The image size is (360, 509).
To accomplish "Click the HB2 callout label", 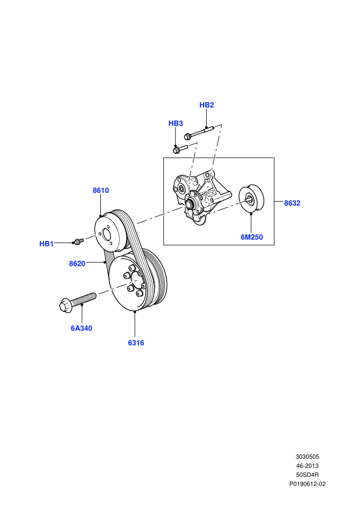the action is (206, 105).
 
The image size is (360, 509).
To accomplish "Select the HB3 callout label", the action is (175, 123).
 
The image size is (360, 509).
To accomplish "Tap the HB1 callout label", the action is (46, 244).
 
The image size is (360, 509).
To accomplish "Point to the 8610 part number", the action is (101, 191).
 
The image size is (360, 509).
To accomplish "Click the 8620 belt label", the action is (77, 264).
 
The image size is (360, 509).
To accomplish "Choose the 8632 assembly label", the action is (292, 203).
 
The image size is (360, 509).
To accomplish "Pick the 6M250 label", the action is (251, 238).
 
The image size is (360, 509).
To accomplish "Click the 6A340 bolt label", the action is (81, 329).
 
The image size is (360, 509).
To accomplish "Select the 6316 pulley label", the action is (136, 343).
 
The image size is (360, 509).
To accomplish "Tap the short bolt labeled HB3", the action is (180, 149).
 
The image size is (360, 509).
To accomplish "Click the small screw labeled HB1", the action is (78, 241).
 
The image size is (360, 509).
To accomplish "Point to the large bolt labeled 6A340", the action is (78, 302).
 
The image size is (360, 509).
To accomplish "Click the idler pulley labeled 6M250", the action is (251, 199).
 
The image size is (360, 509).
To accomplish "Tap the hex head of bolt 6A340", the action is (66, 306).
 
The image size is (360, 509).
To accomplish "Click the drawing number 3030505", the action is (307, 457).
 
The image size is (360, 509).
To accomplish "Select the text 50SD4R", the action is (307, 475).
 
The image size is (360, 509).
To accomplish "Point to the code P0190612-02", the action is (307, 484).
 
